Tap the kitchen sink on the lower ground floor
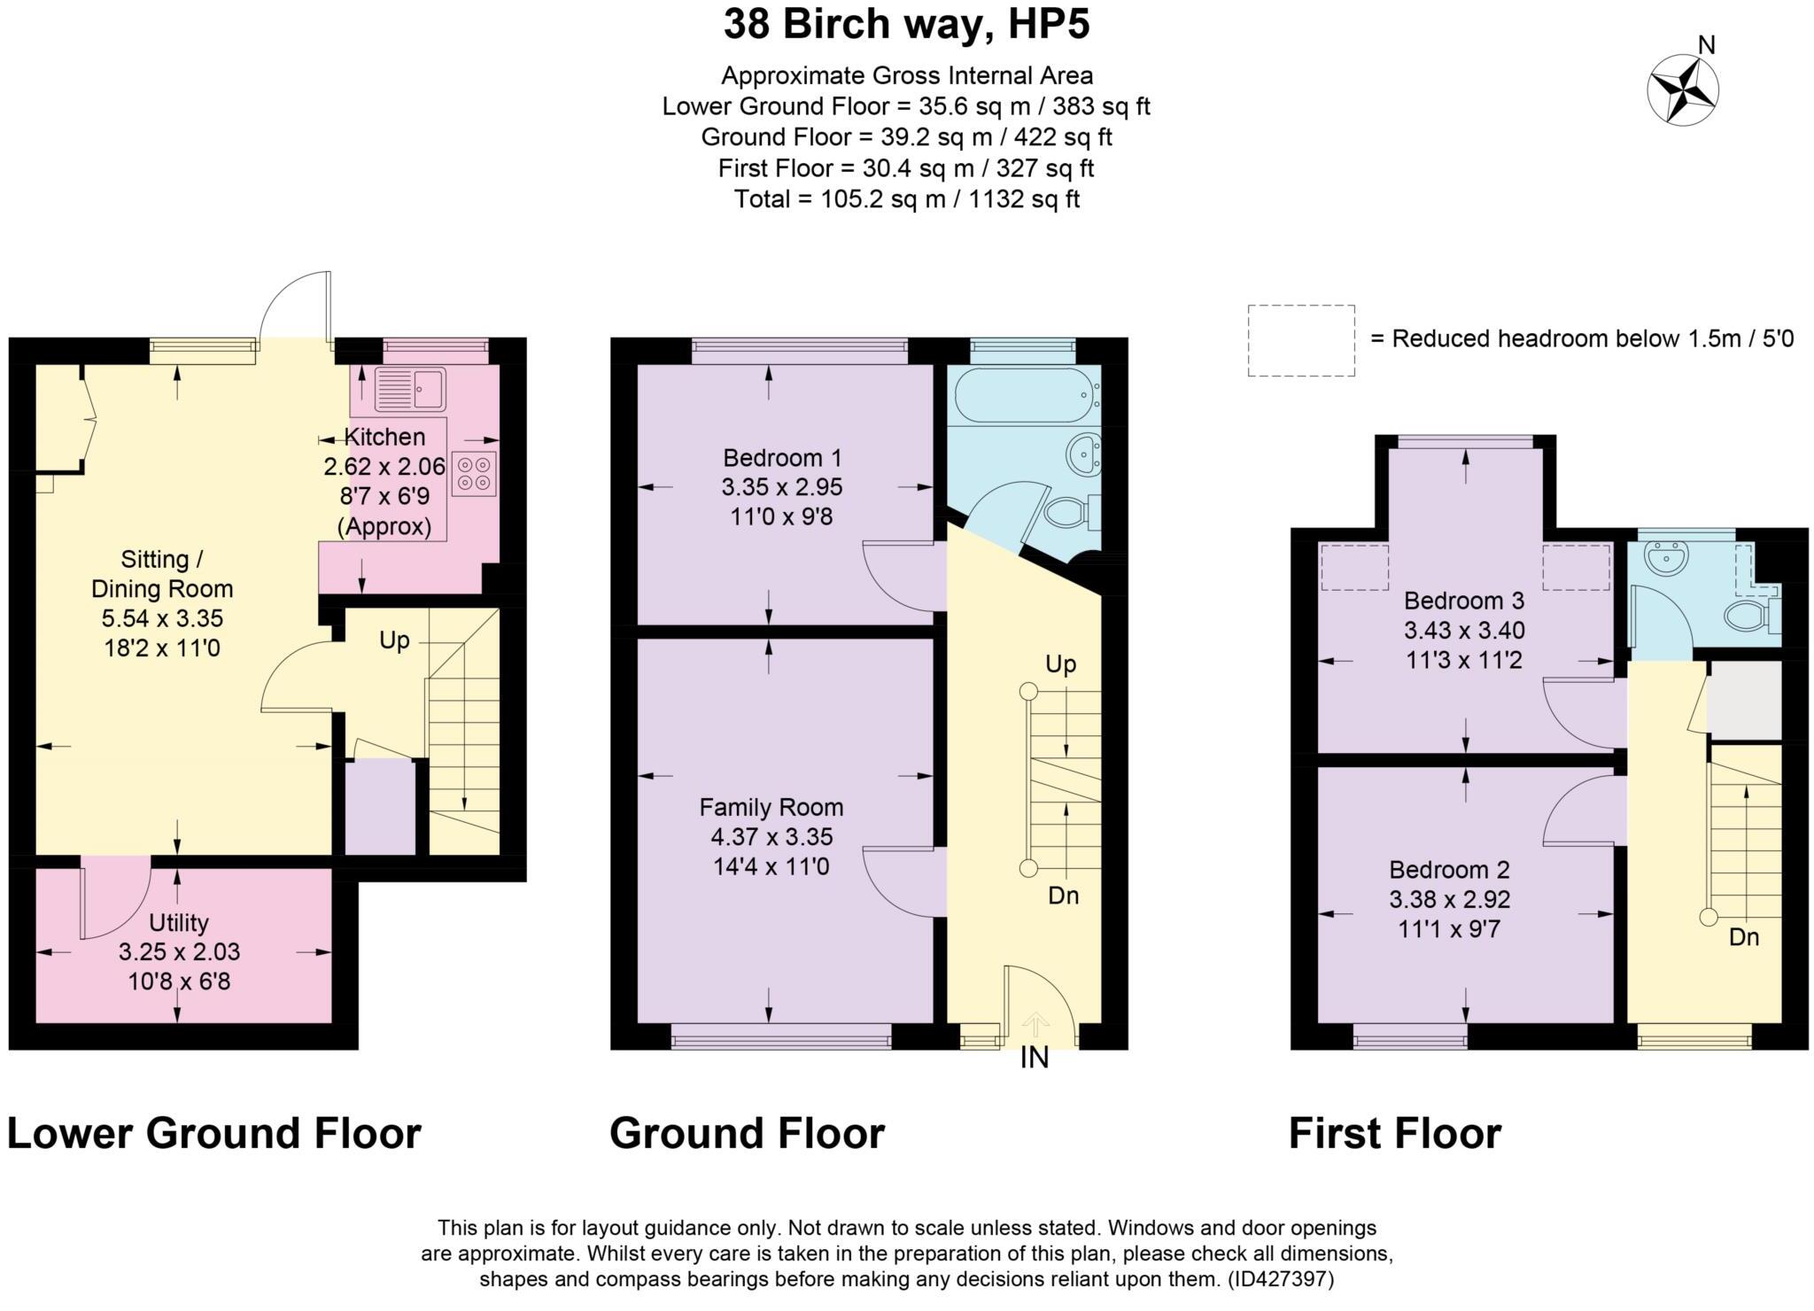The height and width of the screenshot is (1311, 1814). point(410,389)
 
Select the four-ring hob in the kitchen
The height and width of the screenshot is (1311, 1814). point(474,473)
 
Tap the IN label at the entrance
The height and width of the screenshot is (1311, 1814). point(1035,1057)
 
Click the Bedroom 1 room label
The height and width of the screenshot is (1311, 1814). point(782,458)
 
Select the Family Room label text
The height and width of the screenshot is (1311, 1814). point(771,807)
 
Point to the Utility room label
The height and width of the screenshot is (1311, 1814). point(179,923)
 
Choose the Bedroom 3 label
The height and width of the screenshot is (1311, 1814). point(1464,601)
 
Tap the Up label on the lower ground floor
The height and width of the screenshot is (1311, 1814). point(394,640)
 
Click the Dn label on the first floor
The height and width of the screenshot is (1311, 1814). point(1744,936)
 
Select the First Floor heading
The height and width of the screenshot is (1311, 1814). point(1395,1133)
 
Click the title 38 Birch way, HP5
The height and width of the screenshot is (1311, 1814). point(906,24)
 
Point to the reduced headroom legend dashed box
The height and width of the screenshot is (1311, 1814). point(1301,341)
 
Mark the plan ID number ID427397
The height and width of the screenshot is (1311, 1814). point(1280,1278)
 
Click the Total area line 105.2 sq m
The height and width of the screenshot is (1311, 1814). point(906,198)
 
